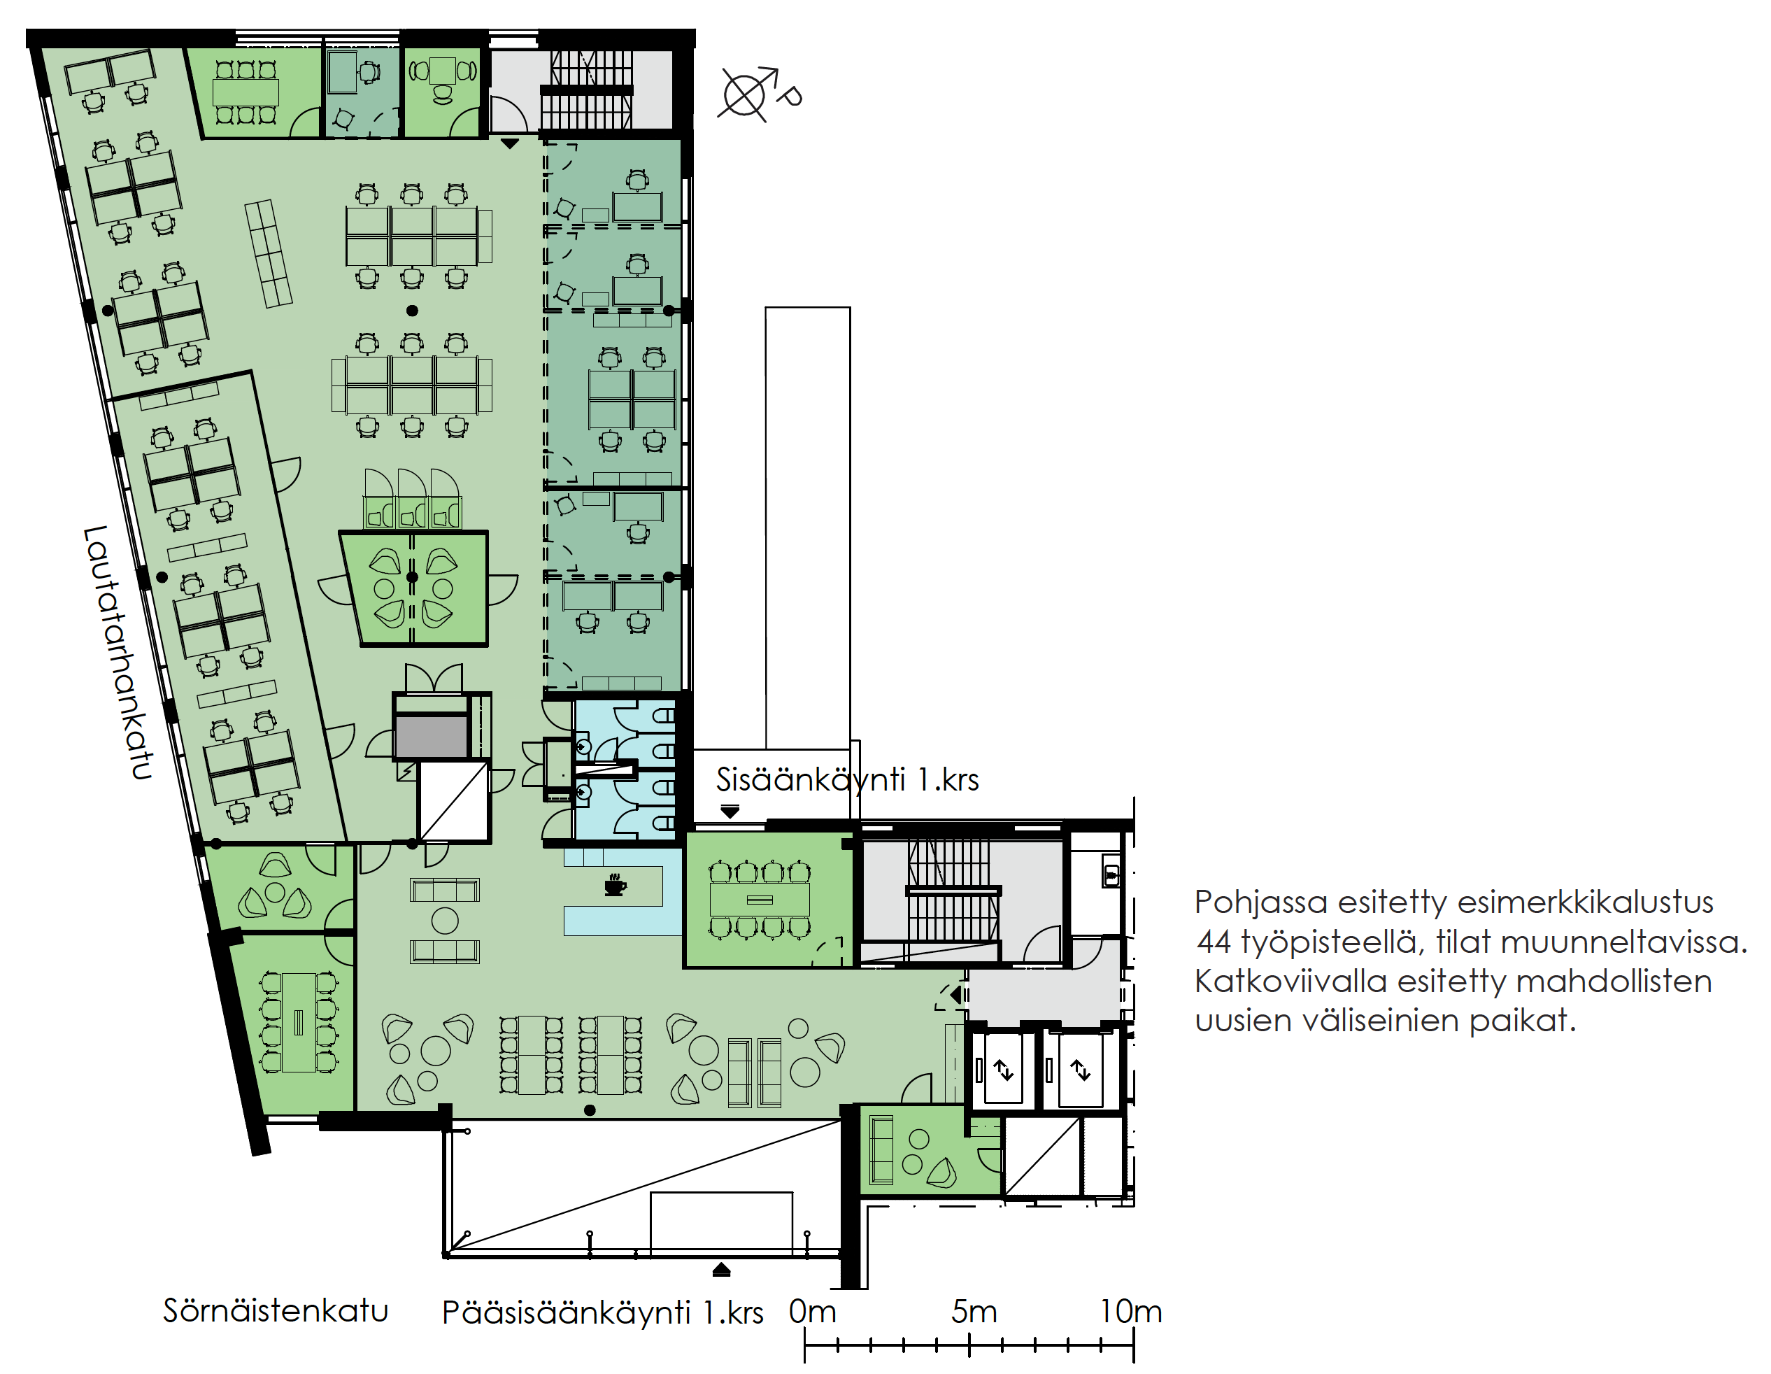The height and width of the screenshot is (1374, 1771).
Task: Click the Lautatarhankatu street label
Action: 118,653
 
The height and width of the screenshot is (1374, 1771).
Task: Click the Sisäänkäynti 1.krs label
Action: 848,779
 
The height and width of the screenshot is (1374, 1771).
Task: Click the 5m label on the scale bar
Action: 974,1311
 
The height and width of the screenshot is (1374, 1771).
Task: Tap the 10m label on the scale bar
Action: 1130,1311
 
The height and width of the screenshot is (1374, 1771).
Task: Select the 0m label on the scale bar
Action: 813,1311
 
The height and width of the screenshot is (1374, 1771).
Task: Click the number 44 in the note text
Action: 1214,942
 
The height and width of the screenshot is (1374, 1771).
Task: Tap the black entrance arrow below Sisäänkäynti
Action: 730,811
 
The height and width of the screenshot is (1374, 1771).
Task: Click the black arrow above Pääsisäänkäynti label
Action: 721,1270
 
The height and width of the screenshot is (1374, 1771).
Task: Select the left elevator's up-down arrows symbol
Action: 1004,1070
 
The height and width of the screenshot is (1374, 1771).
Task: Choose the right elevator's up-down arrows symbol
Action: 1080,1070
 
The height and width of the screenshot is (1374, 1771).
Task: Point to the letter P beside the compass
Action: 788,96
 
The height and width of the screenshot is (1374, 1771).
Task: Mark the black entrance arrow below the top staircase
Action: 509,143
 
